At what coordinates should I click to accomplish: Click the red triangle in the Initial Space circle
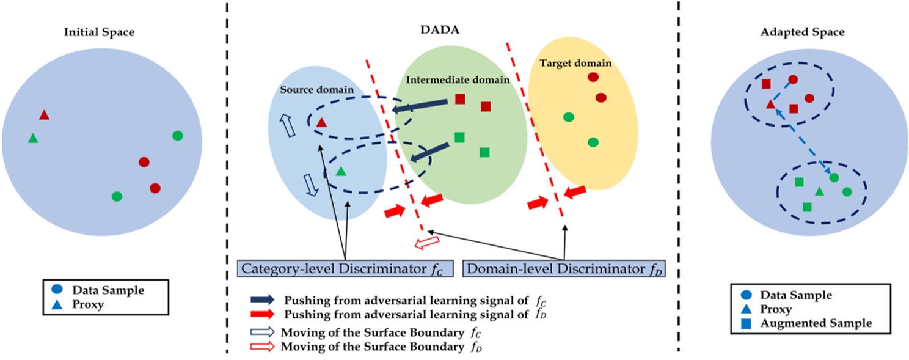tap(44, 115)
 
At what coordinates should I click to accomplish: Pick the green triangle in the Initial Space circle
tap(33, 139)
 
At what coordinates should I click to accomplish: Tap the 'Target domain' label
tap(576, 63)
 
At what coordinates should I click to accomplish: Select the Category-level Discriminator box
tap(345, 268)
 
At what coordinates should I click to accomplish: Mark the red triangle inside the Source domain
tap(322, 122)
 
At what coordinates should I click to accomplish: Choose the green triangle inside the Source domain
tap(341, 173)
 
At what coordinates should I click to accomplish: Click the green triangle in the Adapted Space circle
tap(819, 192)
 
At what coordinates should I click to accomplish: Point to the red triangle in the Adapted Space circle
tap(770, 105)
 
